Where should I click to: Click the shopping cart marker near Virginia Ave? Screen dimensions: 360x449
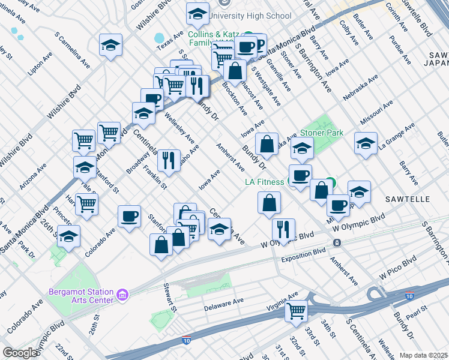[297, 311]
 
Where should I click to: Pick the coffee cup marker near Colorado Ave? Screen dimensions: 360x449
[130, 216]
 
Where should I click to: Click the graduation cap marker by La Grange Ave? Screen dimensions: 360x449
[366, 143]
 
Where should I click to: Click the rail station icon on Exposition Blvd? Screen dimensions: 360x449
[337, 243]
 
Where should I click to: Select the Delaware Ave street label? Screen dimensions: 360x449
[222, 301]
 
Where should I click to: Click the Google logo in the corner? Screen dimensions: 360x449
[20, 353]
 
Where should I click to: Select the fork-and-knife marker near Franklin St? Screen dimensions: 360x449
[168, 160]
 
